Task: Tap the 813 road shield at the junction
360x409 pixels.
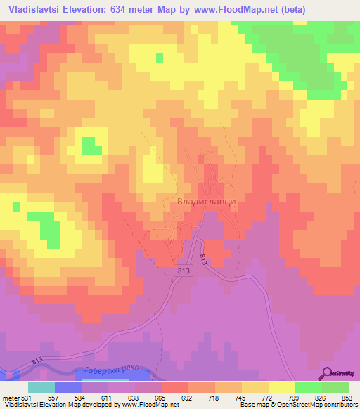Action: tap(184, 270)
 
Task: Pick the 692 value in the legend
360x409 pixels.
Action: tap(188, 397)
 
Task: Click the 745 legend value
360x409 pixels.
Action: tap(241, 397)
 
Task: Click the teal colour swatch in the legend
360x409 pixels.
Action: tap(41, 387)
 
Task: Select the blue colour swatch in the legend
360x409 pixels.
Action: tap(68, 387)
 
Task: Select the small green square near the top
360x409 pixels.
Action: tap(160, 57)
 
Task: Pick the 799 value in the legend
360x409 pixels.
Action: tap(295, 397)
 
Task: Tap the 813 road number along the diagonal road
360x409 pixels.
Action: tap(204, 259)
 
